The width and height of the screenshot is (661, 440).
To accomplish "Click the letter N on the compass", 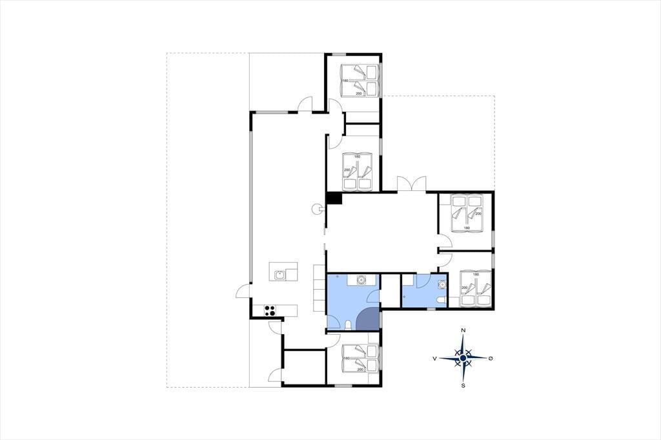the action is (x=463, y=330).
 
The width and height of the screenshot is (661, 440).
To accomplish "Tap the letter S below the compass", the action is (x=463, y=385).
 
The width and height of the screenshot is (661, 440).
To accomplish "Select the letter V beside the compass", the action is (x=434, y=358).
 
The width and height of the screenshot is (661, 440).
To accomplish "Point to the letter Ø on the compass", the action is (x=491, y=358).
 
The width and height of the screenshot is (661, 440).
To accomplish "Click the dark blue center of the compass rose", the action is (x=463, y=358).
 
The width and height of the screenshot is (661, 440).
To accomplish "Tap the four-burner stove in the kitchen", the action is (x=270, y=310).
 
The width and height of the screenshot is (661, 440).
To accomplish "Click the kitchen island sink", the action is (x=279, y=275).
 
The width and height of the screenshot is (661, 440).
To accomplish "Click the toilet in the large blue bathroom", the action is (x=349, y=325).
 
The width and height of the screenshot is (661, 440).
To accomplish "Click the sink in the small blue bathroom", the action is (x=442, y=285).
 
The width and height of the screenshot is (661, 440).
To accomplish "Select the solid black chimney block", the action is (x=334, y=198).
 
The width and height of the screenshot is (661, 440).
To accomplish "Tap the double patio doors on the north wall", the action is (x=411, y=184).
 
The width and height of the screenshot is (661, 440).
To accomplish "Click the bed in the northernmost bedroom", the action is (x=359, y=80).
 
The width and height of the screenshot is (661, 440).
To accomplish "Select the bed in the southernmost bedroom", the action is (x=360, y=359).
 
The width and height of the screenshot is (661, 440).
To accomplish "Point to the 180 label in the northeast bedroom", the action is (x=466, y=228).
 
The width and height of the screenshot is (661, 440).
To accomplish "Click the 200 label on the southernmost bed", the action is (x=360, y=370).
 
